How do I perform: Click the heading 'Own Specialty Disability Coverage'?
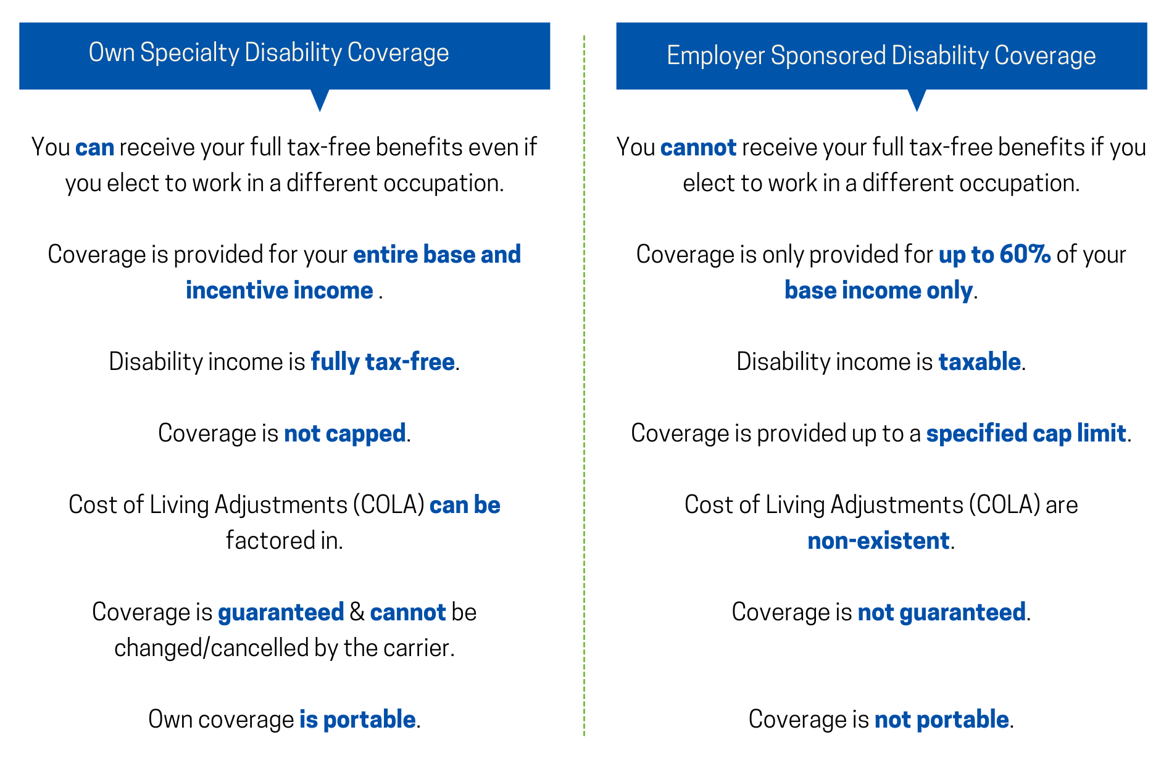click(x=268, y=53)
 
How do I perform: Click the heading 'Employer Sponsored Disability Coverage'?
click(x=881, y=56)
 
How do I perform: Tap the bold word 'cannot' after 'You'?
click(x=698, y=148)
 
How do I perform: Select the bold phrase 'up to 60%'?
click(x=994, y=255)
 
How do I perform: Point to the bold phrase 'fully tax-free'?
click(x=382, y=362)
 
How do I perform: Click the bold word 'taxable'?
click(x=979, y=362)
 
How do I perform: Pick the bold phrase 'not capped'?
click(x=344, y=433)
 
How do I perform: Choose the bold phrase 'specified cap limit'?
click(x=1026, y=433)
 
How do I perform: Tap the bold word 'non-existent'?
click(x=878, y=541)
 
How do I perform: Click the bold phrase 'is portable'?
click(x=357, y=720)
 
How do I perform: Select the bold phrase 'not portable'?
click(x=941, y=720)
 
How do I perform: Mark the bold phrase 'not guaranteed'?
click(x=941, y=612)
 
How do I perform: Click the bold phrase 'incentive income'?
click(x=279, y=290)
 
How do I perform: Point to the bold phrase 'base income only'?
click(x=878, y=290)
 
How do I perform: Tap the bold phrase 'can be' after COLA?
click(x=465, y=505)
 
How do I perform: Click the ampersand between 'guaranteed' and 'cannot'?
click(x=357, y=612)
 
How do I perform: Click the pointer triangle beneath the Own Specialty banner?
click(x=320, y=99)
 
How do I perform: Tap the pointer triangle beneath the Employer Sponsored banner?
click(x=917, y=99)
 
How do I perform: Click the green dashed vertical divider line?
click(x=584, y=382)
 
